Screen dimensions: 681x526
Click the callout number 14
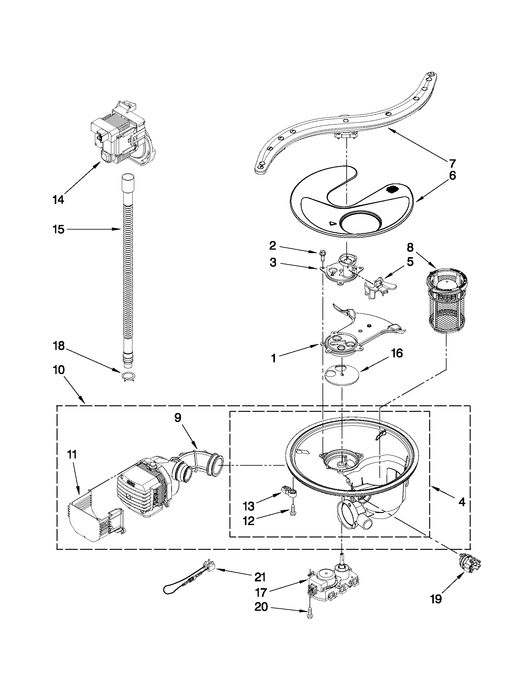58,199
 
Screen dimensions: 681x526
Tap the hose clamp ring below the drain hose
128,377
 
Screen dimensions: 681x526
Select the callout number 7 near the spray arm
452,163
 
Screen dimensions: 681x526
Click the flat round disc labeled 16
341,374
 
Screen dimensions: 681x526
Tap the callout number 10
59,370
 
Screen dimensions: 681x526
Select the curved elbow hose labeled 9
199,462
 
